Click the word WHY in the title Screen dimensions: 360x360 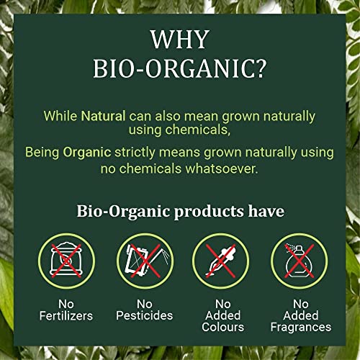[180, 40]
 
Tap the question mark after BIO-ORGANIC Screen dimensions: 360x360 [260, 68]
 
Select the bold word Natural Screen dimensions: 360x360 [103, 116]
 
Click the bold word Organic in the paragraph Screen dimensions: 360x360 [87, 153]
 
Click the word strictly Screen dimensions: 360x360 [135, 153]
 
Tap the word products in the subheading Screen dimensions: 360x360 [209, 212]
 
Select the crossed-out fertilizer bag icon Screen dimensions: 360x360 [66, 261]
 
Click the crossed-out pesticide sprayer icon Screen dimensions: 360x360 [145, 261]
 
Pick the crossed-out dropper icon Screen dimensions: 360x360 [221, 261]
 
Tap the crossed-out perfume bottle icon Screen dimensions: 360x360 [300, 261]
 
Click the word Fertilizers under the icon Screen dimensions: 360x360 [66, 315]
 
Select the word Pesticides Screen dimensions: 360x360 [145, 315]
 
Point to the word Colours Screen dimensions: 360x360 [222, 327]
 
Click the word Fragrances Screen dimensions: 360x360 [301, 327]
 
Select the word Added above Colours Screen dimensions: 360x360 [222, 315]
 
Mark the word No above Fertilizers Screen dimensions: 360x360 [66, 304]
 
